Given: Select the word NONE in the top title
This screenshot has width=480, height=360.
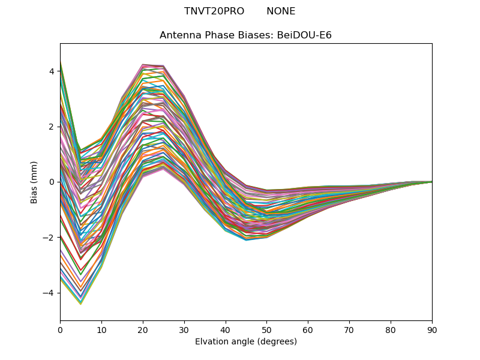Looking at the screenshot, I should point(281,11).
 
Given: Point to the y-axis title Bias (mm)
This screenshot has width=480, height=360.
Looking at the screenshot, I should point(34,182).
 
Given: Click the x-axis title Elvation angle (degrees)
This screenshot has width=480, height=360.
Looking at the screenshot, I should point(246,341).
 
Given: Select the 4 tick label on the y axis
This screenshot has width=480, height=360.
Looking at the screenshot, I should point(52,71).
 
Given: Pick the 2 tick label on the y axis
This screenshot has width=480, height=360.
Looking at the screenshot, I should point(52,127).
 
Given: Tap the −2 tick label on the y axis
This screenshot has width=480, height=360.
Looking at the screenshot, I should point(49,238).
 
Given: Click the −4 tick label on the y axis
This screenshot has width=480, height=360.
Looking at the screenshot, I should point(49,293).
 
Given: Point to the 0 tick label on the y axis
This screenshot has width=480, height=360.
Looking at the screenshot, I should point(52,182).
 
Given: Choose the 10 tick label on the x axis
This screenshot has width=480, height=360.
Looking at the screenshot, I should point(101,329).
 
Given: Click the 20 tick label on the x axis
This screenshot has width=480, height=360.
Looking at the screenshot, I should point(143,329).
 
